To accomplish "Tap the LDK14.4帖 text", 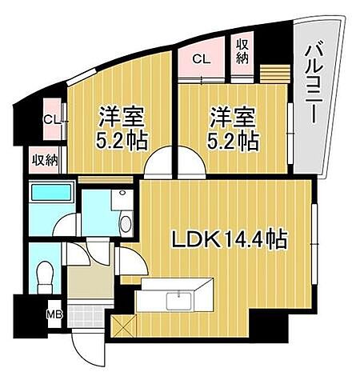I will coord(226,238).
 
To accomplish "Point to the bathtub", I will coord(50,193).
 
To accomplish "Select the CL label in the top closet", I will coord(202,58).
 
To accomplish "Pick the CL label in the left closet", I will coord(51,120).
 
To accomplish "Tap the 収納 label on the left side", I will coord(45,159).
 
